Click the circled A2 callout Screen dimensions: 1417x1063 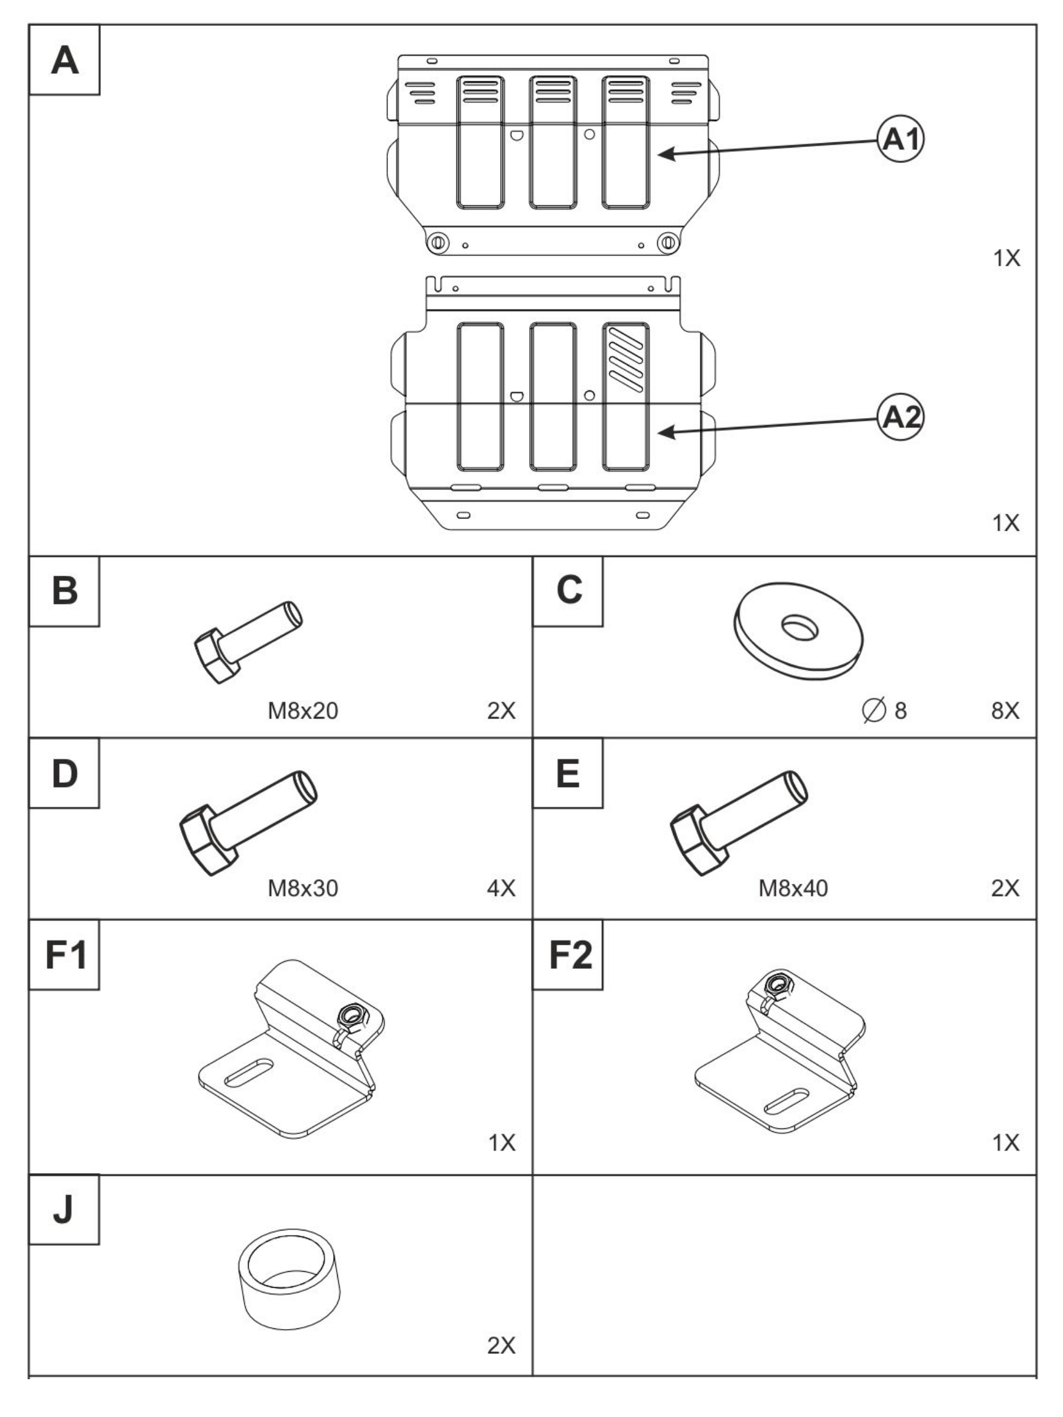[x=900, y=417]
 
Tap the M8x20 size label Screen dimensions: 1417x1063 [x=302, y=711]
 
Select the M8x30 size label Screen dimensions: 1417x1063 [x=302, y=889]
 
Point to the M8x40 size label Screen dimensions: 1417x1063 [x=793, y=889]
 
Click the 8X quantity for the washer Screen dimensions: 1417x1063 [x=1005, y=711]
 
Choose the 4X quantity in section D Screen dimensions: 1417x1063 [x=501, y=889]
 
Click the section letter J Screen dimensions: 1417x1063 [x=63, y=1209]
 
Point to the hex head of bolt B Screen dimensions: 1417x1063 [x=217, y=656]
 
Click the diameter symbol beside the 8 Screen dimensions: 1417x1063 [x=874, y=710]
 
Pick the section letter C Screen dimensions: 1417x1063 [x=568, y=590]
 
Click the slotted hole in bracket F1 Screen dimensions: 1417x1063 [x=249, y=1072]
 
